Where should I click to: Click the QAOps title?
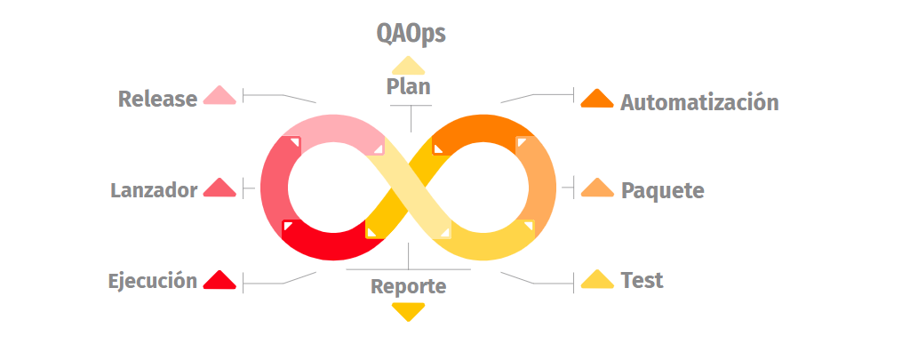tap(410, 34)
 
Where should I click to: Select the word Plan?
tap(409, 86)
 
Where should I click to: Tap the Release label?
tap(157, 99)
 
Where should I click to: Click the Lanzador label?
tap(154, 190)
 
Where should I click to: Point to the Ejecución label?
tap(152, 281)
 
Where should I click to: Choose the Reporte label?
tap(408, 286)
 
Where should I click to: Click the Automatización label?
tap(699, 102)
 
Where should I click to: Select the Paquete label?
tap(662, 190)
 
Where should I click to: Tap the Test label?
tap(642, 281)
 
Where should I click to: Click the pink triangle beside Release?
tap(220, 95)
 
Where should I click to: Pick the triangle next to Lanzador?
tap(220, 188)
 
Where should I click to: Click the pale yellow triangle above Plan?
tap(408, 66)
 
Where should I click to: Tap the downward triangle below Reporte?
tap(408, 311)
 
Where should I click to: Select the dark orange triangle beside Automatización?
tap(597, 98)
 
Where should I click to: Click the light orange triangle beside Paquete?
tap(597, 188)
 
